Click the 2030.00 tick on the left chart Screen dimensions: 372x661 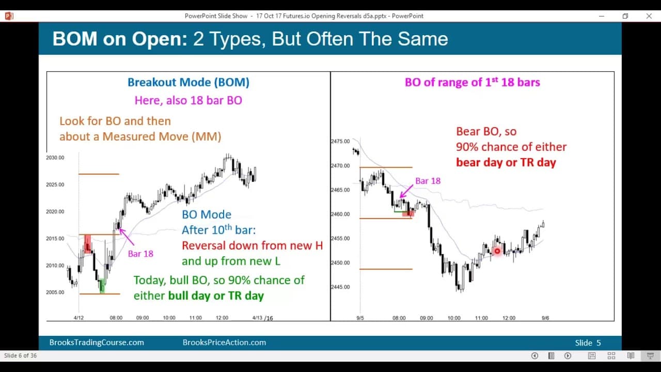tap(55, 158)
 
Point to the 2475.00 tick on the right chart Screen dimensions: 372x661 tap(340, 141)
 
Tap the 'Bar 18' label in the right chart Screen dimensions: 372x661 tap(428, 181)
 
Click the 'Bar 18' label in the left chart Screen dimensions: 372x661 tap(140, 254)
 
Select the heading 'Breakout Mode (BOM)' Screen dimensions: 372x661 tap(188, 82)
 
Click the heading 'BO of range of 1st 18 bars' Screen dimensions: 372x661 tap(472, 82)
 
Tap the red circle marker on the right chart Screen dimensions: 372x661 tap(497, 251)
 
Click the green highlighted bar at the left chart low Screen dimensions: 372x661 tap(102, 285)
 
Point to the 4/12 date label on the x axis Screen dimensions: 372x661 tap(78, 318)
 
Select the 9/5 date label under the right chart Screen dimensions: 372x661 tap(360, 318)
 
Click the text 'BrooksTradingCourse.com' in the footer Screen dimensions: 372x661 tap(97, 343)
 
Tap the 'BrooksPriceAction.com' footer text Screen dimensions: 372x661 tap(224, 343)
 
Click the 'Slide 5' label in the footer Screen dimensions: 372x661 tap(588, 343)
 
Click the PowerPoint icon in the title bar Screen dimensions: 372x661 tap(9, 16)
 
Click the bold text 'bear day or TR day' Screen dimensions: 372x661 tap(506, 162)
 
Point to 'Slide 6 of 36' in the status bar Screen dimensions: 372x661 tap(21, 355)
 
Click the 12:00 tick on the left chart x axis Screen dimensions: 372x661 tap(222, 318)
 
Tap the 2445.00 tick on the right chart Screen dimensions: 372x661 tap(340, 287)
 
